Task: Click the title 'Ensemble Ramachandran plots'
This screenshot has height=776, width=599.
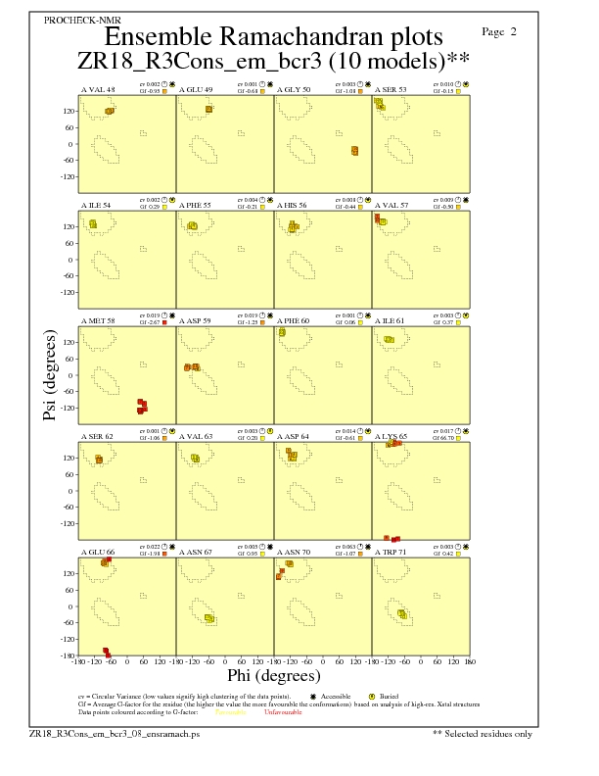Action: click(273, 37)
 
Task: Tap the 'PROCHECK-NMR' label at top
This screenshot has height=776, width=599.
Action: click(76, 21)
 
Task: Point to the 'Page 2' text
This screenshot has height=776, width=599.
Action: click(500, 32)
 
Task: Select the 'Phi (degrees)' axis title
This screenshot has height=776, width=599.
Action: click(273, 675)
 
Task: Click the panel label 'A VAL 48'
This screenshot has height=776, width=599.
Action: click(98, 89)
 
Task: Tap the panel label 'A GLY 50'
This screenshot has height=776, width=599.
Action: click(294, 89)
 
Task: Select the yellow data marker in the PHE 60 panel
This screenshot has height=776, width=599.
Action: click(282, 332)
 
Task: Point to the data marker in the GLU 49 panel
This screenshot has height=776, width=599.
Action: click(209, 108)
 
